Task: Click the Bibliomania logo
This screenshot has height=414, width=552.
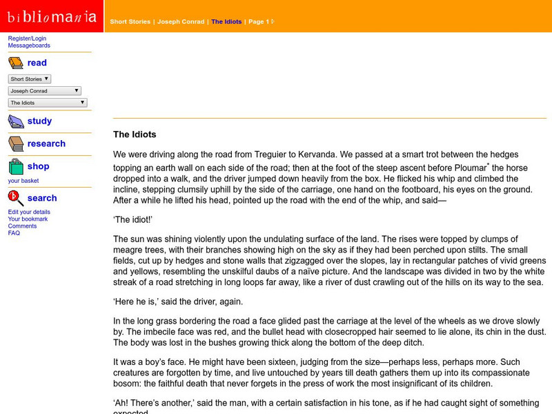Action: pyautogui.click(x=51, y=16)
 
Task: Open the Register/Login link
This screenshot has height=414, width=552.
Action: pyautogui.click(x=28, y=38)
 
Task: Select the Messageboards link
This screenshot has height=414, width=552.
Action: pyautogui.click(x=29, y=46)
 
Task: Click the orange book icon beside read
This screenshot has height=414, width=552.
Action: pyautogui.click(x=16, y=63)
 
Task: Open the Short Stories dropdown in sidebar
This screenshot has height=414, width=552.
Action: pyautogui.click(x=30, y=79)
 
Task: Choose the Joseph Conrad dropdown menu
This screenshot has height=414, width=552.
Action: pyautogui.click(x=45, y=90)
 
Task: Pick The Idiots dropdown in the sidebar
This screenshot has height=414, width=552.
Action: pyautogui.click(x=48, y=103)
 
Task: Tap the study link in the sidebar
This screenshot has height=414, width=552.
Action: pyautogui.click(x=39, y=121)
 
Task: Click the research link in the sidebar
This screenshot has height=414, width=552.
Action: pyautogui.click(x=46, y=144)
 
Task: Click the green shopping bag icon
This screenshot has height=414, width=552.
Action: pyautogui.click(x=16, y=166)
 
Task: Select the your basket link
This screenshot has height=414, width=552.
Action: pyautogui.click(x=23, y=181)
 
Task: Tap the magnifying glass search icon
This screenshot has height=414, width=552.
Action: pyautogui.click(x=16, y=198)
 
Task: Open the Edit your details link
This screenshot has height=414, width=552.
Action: pyautogui.click(x=29, y=212)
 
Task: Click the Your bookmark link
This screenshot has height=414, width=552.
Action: pyautogui.click(x=28, y=219)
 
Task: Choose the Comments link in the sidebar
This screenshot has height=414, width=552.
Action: pyautogui.click(x=22, y=226)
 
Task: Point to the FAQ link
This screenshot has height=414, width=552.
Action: pyautogui.click(x=14, y=233)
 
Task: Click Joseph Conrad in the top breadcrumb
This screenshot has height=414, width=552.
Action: pyautogui.click(x=181, y=21)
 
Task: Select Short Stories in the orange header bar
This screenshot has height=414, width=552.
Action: pyautogui.click(x=130, y=21)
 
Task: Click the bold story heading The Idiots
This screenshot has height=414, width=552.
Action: pyautogui.click(x=135, y=135)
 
